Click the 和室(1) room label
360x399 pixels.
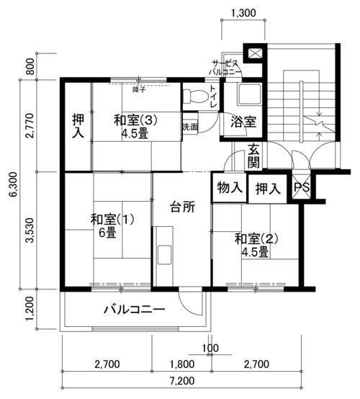(x=112, y=220)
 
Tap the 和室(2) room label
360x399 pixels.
(x=256, y=239)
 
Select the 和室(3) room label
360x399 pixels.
(x=135, y=120)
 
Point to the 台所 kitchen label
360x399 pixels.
(x=182, y=207)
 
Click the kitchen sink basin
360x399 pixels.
(x=164, y=254)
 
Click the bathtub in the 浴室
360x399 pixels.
(x=249, y=94)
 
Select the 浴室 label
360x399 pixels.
(x=243, y=122)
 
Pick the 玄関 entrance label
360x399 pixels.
(x=253, y=156)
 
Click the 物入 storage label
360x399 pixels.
(x=230, y=188)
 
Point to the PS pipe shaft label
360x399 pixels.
(x=302, y=187)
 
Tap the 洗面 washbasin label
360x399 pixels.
(x=190, y=127)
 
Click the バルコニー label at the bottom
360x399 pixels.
(x=135, y=310)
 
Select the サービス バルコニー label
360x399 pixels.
(x=225, y=68)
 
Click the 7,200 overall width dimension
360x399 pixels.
(x=182, y=381)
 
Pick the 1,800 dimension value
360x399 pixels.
(x=182, y=364)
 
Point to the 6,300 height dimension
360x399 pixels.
(x=13, y=184)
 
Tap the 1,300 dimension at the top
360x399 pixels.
(x=243, y=13)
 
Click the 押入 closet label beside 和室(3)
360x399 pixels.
(x=78, y=126)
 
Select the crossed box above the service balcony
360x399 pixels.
(x=254, y=53)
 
